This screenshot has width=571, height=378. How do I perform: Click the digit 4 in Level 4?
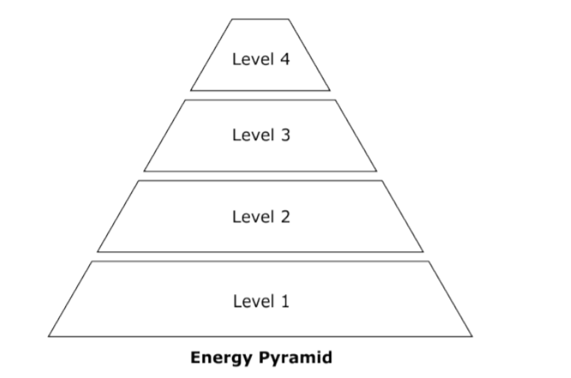pos(285,59)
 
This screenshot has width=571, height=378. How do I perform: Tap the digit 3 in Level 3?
pos(286,134)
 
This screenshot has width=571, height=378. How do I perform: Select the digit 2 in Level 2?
pos(286,216)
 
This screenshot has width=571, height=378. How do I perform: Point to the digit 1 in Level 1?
pos(285,301)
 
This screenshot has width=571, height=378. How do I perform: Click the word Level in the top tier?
pos(253,59)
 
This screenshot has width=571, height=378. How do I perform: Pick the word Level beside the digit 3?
pos(253,134)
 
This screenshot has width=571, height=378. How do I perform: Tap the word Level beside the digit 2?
pos(253,216)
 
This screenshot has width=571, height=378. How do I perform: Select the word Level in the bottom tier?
pos(253,301)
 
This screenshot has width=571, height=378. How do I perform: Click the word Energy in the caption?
pos(222,357)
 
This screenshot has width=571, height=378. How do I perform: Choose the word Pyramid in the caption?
pos(295,357)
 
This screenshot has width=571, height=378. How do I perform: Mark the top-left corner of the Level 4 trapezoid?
pos(232,19)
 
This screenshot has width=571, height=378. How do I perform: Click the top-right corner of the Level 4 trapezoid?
pos(288,19)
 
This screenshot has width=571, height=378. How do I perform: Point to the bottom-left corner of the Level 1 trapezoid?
pos(49,337)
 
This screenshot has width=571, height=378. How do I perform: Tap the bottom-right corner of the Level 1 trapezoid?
pos(473,337)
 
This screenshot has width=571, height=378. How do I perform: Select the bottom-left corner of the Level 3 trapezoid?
pos(144,171)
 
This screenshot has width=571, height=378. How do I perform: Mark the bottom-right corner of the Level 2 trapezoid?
pos(423,251)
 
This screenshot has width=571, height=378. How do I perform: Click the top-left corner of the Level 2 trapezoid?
pos(139,180)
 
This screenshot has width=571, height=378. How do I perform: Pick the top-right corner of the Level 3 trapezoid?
pos(336,100)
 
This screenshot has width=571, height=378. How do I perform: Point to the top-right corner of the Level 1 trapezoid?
pos(429,261)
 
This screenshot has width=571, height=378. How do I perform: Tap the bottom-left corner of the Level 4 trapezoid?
pos(190,91)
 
